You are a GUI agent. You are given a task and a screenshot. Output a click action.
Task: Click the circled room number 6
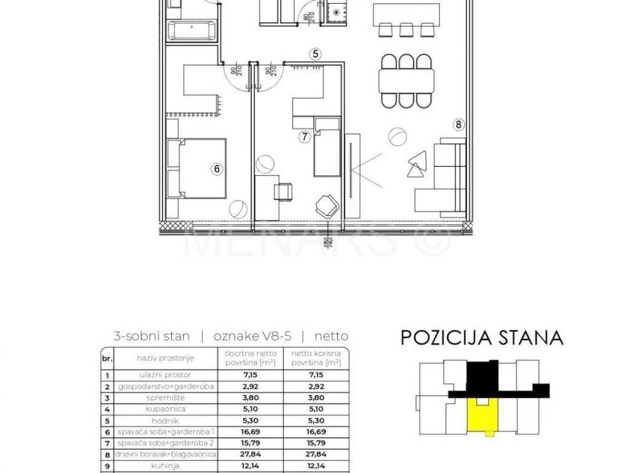[x=217, y=168]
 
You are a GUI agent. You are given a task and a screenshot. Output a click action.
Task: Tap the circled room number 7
[x=304, y=137]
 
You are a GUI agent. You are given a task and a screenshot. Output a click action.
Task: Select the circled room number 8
[x=458, y=125]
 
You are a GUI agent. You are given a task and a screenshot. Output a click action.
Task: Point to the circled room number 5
[x=316, y=54]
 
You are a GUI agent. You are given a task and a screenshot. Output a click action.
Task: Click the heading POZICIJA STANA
[x=482, y=338]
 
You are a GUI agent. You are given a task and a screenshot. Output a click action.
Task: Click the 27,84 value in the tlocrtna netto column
[x=249, y=454]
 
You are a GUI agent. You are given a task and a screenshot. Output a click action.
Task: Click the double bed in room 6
[x=197, y=168]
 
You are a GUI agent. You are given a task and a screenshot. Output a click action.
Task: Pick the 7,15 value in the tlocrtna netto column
[x=249, y=375]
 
